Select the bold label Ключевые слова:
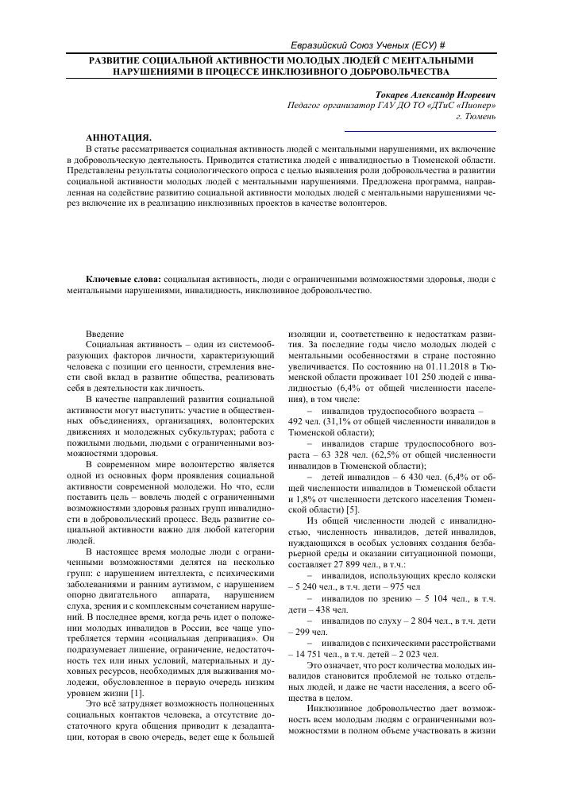pyautogui.click(x=123, y=280)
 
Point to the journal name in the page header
pyautogui.click(x=365, y=46)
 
